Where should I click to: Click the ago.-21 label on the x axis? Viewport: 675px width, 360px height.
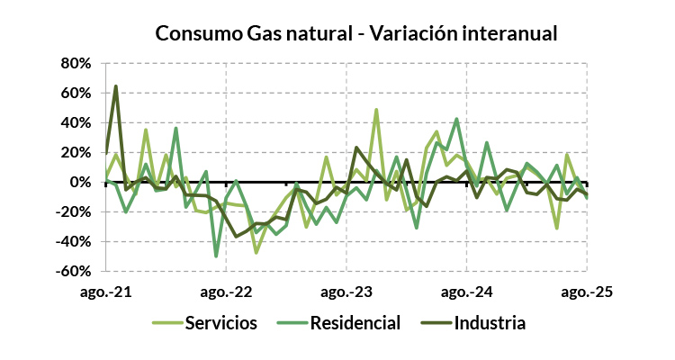[106, 292]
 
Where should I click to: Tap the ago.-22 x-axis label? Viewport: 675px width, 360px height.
[226, 292]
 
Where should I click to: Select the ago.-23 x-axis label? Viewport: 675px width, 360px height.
[346, 292]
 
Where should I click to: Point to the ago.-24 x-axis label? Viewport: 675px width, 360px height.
[466, 292]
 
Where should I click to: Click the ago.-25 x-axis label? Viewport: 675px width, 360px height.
[587, 292]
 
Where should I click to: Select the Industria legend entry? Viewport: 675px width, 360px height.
[490, 321]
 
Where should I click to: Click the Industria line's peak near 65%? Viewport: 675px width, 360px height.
[116, 86]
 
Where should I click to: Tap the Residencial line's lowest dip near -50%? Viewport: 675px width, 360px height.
[216, 256]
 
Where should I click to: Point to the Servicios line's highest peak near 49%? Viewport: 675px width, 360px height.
[376, 110]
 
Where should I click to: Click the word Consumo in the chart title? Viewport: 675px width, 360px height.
[193, 33]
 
